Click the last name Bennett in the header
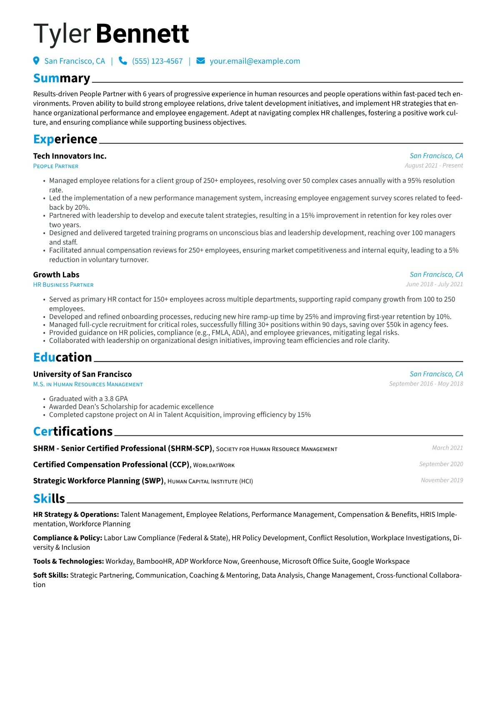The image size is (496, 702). click(143, 34)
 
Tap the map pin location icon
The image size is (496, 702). click(36, 61)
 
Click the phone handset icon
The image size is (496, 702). click(123, 61)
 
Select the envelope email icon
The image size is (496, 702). click(200, 61)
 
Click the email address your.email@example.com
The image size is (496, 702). click(255, 61)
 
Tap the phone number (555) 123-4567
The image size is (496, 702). click(157, 61)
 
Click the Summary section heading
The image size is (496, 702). click(62, 78)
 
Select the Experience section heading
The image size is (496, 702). click(65, 139)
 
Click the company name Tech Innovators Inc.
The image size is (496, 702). click(70, 156)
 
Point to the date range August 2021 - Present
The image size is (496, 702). click(433, 166)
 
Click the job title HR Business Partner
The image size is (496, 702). click(63, 285)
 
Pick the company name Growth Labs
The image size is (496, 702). click(56, 275)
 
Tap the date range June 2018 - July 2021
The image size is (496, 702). click(434, 284)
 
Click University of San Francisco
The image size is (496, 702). click(83, 375)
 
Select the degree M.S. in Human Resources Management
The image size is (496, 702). click(88, 385)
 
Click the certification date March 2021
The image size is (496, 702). click(447, 448)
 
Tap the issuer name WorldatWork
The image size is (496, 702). click(214, 465)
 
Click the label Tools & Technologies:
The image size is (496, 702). click(68, 561)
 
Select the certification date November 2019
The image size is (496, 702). click(442, 481)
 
